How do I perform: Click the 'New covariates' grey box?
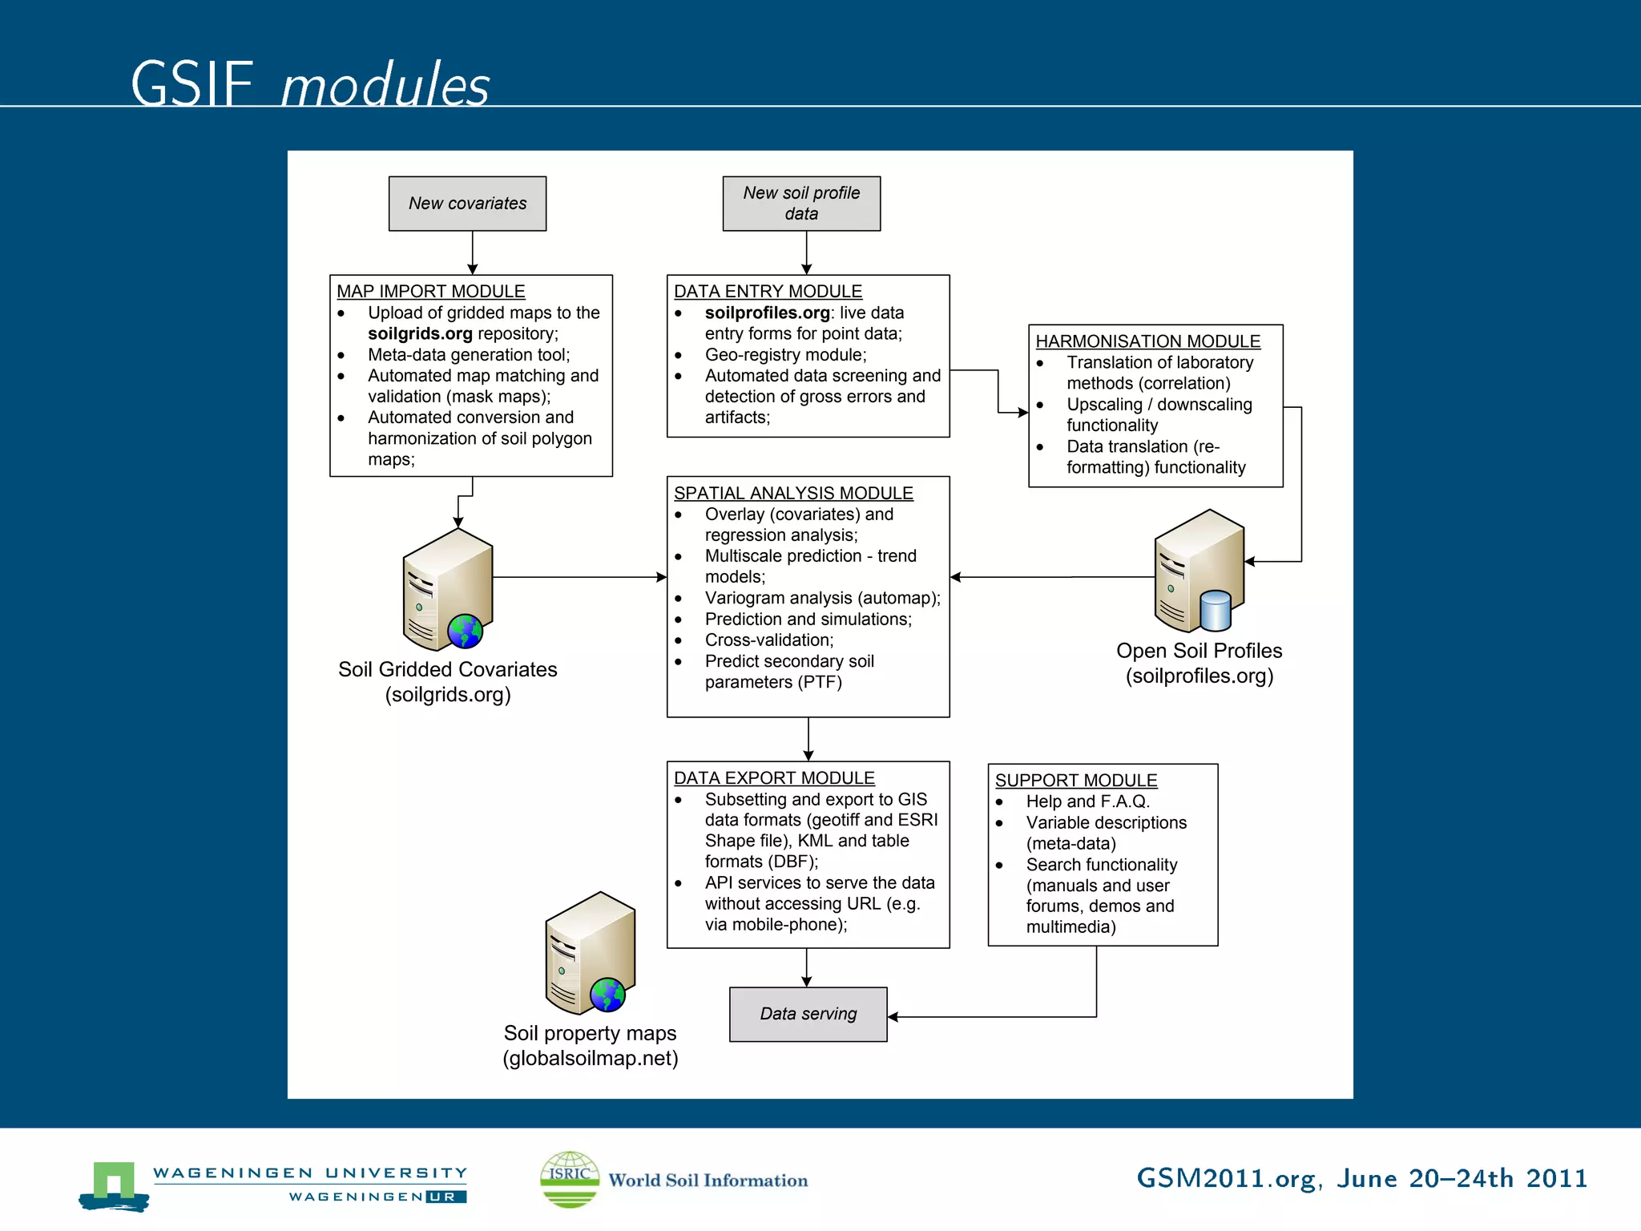pos(467,204)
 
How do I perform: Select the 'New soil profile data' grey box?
pos(801,204)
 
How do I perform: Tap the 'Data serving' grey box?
pos(808,1014)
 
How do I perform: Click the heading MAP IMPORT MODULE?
pos(430,291)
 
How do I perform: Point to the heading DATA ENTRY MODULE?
pos(768,291)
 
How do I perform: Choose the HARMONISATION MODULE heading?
pos(1147,341)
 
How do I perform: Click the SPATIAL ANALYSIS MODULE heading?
pos(793,493)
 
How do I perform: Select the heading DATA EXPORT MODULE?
pos(774,777)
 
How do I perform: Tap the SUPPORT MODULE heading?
pos(1075,780)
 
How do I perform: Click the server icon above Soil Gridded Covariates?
pos(447,589)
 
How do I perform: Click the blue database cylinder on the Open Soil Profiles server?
pos(1216,611)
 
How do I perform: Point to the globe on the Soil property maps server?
pos(607,995)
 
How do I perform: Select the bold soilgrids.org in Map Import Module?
pos(420,333)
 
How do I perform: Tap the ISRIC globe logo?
pos(570,1179)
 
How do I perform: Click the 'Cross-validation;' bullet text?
pos(769,640)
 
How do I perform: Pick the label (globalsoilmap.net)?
pos(591,1058)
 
